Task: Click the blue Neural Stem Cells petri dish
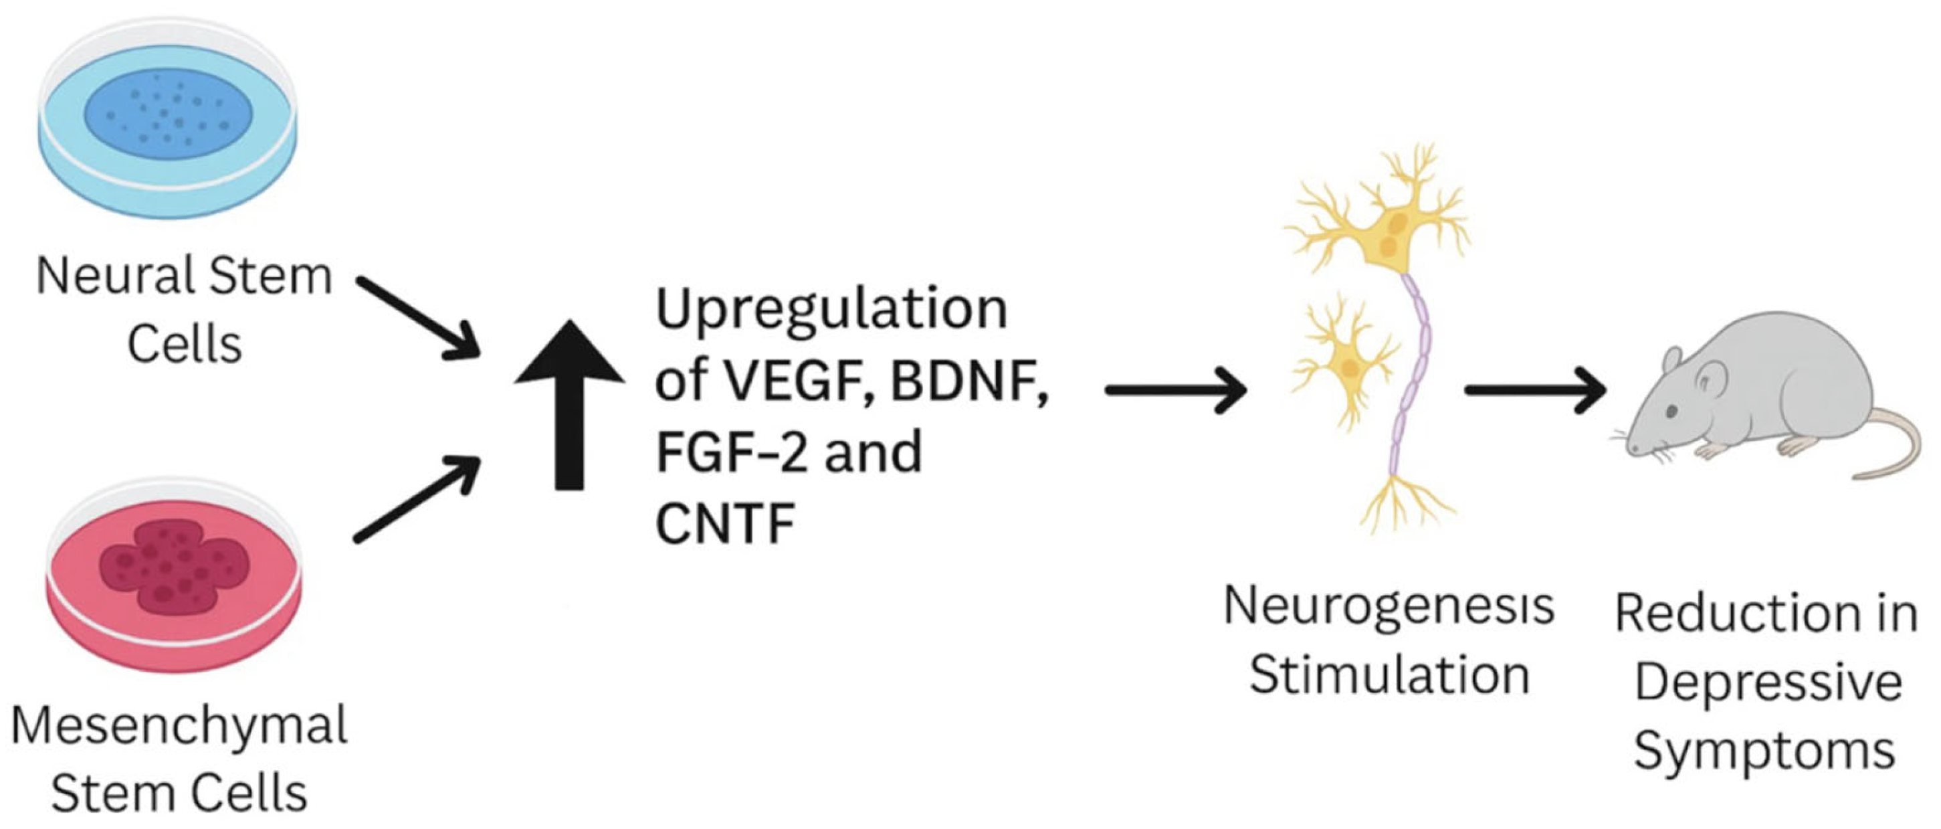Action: click(167, 120)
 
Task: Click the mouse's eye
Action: click(1671, 412)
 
